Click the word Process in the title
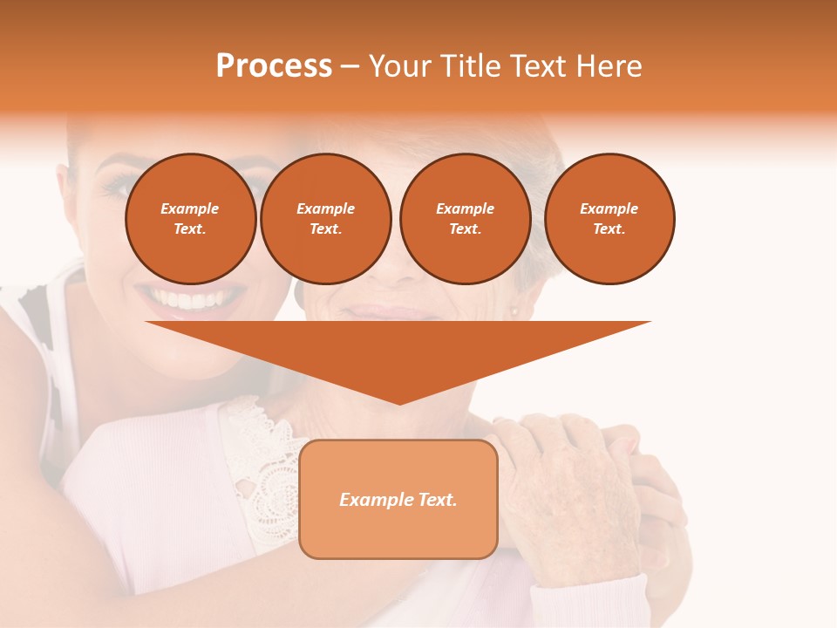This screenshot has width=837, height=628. coord(274,66)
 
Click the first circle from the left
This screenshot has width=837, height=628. coord(191,219)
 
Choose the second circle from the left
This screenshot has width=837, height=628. coord(326,219)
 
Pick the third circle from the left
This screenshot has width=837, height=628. coord(466,219)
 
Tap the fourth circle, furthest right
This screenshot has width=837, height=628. coord(609,219)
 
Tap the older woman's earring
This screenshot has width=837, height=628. coord(514,311)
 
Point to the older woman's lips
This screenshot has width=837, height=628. coord(392,311)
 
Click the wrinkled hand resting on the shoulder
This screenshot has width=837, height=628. coord(567,488)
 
